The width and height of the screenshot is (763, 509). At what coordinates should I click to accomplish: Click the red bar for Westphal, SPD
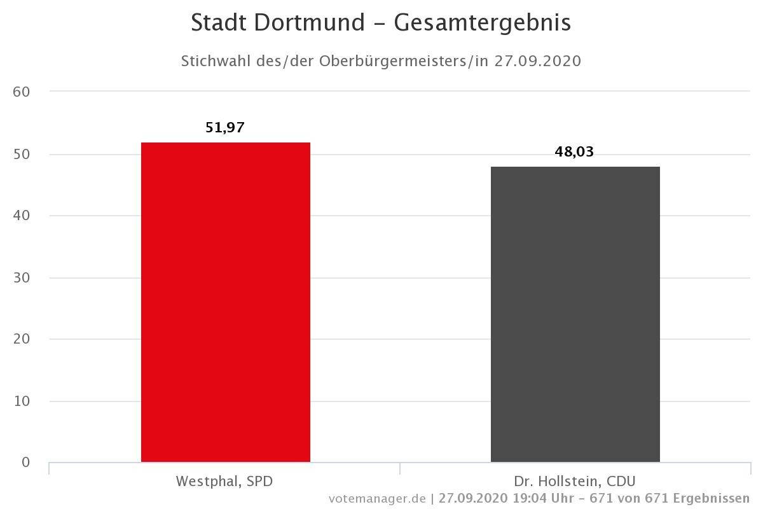tap(226, 302)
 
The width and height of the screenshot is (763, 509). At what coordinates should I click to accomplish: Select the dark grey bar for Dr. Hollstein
tap(575, 314)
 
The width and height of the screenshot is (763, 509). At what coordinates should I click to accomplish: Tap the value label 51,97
tap(225, 128)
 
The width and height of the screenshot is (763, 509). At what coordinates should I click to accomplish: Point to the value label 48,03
tap(574, 152)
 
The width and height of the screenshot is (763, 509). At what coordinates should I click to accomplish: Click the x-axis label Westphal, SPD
tap(224, 481)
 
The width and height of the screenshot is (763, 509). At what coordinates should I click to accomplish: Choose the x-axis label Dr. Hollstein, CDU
tap(575, 481)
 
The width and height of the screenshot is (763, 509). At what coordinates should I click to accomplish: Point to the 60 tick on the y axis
tap(22, 92)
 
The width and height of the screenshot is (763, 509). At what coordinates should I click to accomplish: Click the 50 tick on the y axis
tap(22, 155)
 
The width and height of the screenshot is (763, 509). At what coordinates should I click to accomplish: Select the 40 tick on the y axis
tap(22, 216)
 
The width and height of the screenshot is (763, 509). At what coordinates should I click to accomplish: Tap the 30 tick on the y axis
tap(22, 278)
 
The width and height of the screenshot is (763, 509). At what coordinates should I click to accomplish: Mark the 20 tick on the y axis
tap(22, 339)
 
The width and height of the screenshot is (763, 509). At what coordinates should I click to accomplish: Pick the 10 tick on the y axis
tap(22, 401)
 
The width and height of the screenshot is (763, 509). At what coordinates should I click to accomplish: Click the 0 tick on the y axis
tap(25, 463)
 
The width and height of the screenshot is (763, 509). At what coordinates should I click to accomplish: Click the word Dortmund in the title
tap(310, 23)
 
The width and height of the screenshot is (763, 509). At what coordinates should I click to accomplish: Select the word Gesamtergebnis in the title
tap(483, 23)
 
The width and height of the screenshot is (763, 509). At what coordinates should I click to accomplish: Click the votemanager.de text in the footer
tap(377, 498)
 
